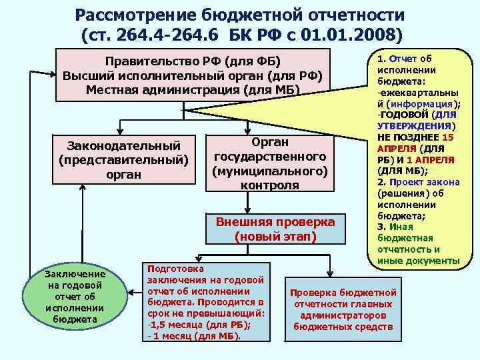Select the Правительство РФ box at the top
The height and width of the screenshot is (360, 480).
click(x=193, y=75)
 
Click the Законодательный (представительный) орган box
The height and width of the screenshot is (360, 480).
click(x=123, y=159)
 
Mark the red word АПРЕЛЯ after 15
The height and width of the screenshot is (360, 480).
click(x=397, y=148)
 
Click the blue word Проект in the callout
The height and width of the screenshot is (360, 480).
click(x=407, y=182)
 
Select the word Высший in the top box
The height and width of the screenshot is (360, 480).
click(x=85, y=75)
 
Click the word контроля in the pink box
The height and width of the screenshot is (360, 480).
click(x=270, y=185)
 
